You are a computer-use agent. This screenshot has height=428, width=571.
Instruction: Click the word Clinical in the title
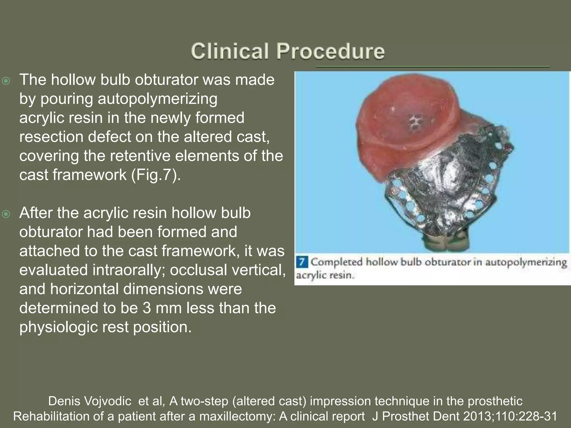(230, 51)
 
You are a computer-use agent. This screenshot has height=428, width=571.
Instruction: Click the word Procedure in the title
(330, 51)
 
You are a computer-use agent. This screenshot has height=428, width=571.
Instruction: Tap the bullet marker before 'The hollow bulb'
(6, 81)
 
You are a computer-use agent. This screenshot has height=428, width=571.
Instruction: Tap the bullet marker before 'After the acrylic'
(6, 214)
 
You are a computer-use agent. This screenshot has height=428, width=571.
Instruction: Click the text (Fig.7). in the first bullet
(156, 175)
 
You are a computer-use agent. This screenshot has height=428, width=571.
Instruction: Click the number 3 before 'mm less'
(147, 308)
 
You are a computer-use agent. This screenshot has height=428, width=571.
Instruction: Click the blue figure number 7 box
(301, 262)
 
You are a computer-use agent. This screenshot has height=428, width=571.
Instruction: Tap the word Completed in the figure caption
(336, 262)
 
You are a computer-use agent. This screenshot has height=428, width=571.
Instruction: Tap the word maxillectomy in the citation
(238, 416)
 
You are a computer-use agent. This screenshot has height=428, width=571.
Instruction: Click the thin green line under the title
(432, 67)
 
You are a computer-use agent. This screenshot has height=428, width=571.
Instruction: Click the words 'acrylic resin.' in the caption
(325, 275)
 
